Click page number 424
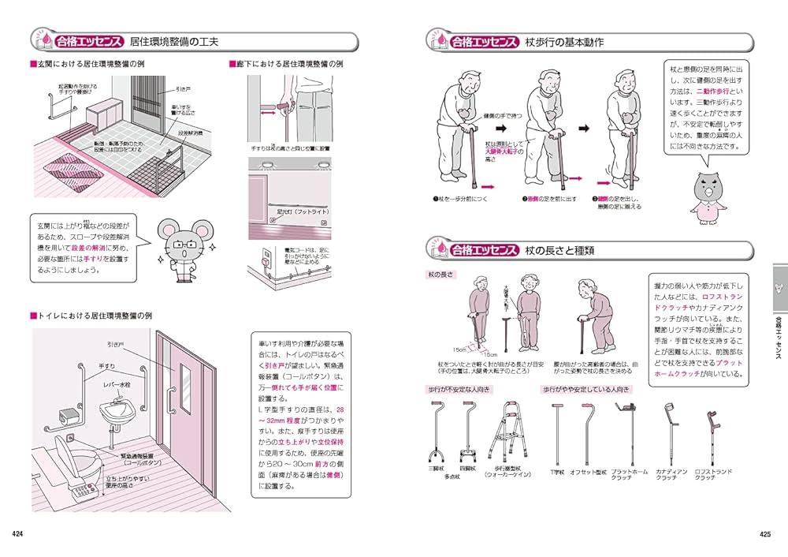(17, 534)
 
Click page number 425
(764, 534)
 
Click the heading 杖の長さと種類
(559, 251)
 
